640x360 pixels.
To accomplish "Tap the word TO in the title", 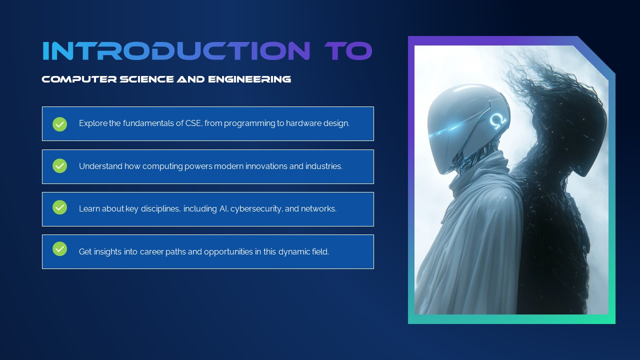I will (348, 51).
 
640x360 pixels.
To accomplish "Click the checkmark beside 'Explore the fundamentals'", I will (60, 124).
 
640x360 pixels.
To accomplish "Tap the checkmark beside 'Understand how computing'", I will (60, 166).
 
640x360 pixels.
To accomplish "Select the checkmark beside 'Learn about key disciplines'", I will (60, 207).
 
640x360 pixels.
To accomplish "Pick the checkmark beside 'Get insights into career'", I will (60, 249).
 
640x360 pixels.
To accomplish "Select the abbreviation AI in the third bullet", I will (223, 208).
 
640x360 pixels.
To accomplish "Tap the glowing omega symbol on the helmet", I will (496, 120).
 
